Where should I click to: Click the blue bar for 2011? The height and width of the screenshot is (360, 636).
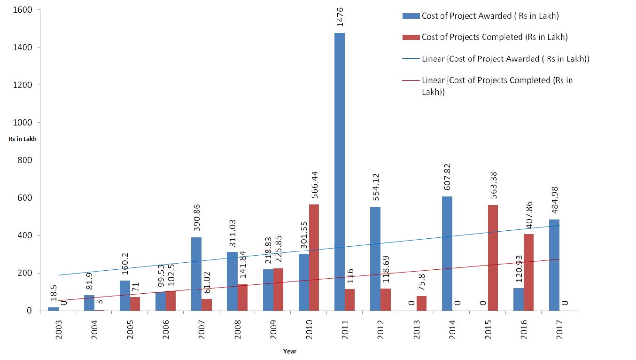(x=339, y=172)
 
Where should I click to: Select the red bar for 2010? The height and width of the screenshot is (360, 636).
(x=314, y=258)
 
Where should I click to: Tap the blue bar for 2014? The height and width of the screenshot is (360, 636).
(x=447, y=253)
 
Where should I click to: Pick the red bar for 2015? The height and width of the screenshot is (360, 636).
(x=493, y=258)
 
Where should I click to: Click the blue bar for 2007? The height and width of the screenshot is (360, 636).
(x=196, y=274)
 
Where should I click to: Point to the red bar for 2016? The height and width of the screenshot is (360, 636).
(x=528, y=272)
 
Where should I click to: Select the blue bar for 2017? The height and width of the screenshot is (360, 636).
(x=554, y=265)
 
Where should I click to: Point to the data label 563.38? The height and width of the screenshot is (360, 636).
(x=493, y=186)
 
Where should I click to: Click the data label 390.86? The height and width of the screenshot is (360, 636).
(x=197, y=221)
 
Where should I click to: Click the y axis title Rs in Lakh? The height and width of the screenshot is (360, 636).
(x=22, y=139)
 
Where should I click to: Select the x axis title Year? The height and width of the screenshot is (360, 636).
(x=290, y=351)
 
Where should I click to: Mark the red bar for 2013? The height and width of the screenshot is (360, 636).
(x=421, y=303)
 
